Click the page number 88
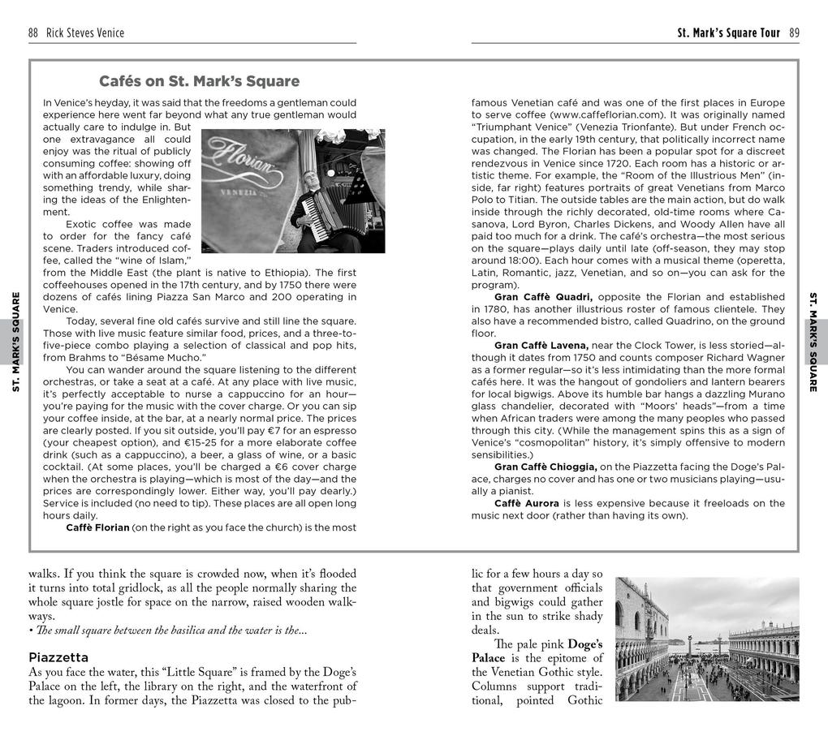pyautogui.click(x=33, y=33)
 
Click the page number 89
pyautogui.click(x=793, y=33)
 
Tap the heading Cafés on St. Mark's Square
pyautogui.click(x=199, y=81)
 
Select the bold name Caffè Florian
pyautogui.click(x=97, y=527)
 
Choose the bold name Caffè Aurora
pyautogui.click(x=527, y=503)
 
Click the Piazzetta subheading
pyautogui.click(x=58, y=657)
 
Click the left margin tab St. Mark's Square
pyautogui.click(x=15, y=342)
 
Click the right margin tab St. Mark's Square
pyautogui.click(x=813, y=342)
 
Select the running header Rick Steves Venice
pyautogui.click(x=85, y=33)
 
